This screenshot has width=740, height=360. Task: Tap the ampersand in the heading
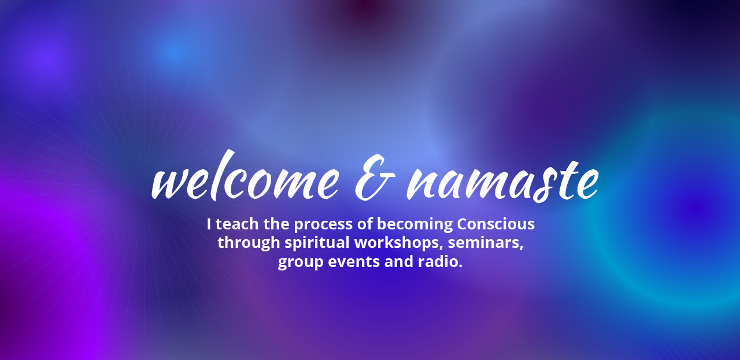pos(375,179)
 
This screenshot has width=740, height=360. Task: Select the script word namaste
pos(502,181)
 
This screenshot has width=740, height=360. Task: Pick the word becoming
pos(415,225)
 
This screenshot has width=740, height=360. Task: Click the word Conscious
pos(495,224)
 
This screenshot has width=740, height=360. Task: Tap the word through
pos(249,243)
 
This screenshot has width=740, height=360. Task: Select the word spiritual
pos(317,243)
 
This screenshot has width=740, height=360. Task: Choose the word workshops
pos(398,243)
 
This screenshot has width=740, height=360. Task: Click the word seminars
pos(486,243)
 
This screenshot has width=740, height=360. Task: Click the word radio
pos(440,261)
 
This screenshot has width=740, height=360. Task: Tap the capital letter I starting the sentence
pos(209,224)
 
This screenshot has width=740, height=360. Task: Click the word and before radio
pos(399,261)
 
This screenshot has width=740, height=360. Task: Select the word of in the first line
pos(365,224)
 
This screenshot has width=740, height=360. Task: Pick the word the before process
pos(276,224)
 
